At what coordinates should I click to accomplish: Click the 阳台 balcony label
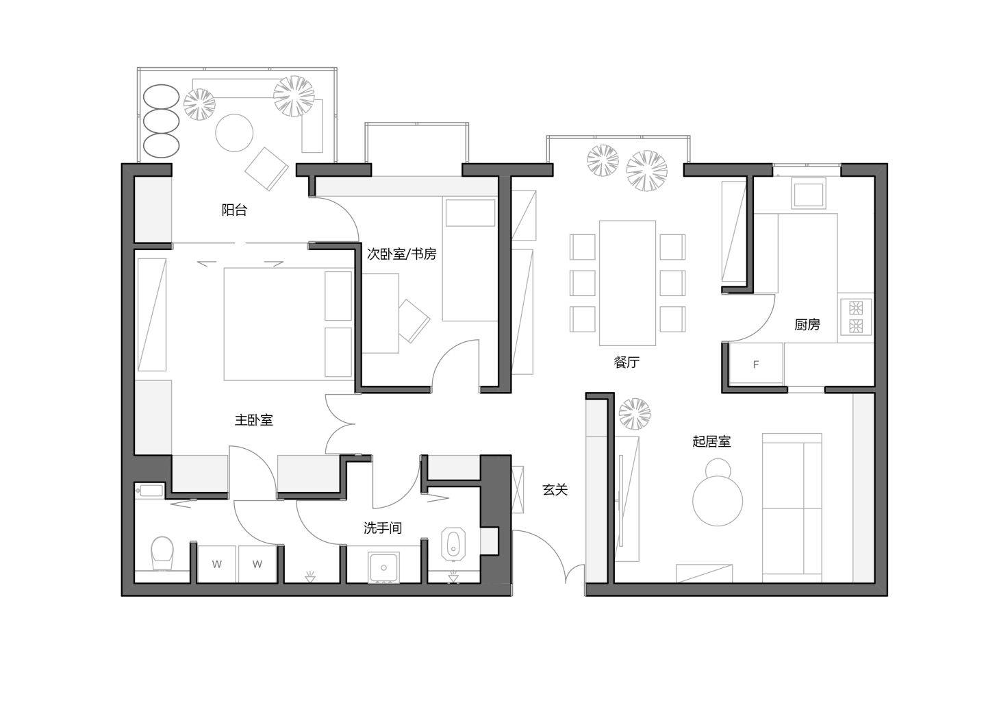234,210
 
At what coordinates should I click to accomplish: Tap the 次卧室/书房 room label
401,254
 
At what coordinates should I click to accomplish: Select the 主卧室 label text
253,420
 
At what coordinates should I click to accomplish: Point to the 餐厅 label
627,362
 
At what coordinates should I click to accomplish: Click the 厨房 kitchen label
807,324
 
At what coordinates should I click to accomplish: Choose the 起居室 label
711,441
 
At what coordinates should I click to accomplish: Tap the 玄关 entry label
555,489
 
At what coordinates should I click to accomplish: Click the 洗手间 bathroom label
383,528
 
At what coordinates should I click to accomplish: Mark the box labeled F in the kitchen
756,365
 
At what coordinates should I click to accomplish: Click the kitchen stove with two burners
856,317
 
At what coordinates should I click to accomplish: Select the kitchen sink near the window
808,193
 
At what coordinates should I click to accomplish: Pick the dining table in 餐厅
627,283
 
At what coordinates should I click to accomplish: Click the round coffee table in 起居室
718,501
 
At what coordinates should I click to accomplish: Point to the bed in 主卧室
288,324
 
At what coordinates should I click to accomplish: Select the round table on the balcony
234,133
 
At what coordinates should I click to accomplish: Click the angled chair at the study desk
413,321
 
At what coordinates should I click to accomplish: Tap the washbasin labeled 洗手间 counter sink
383,567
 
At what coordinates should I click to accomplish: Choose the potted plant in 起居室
634,414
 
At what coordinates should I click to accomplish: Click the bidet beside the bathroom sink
453,544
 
